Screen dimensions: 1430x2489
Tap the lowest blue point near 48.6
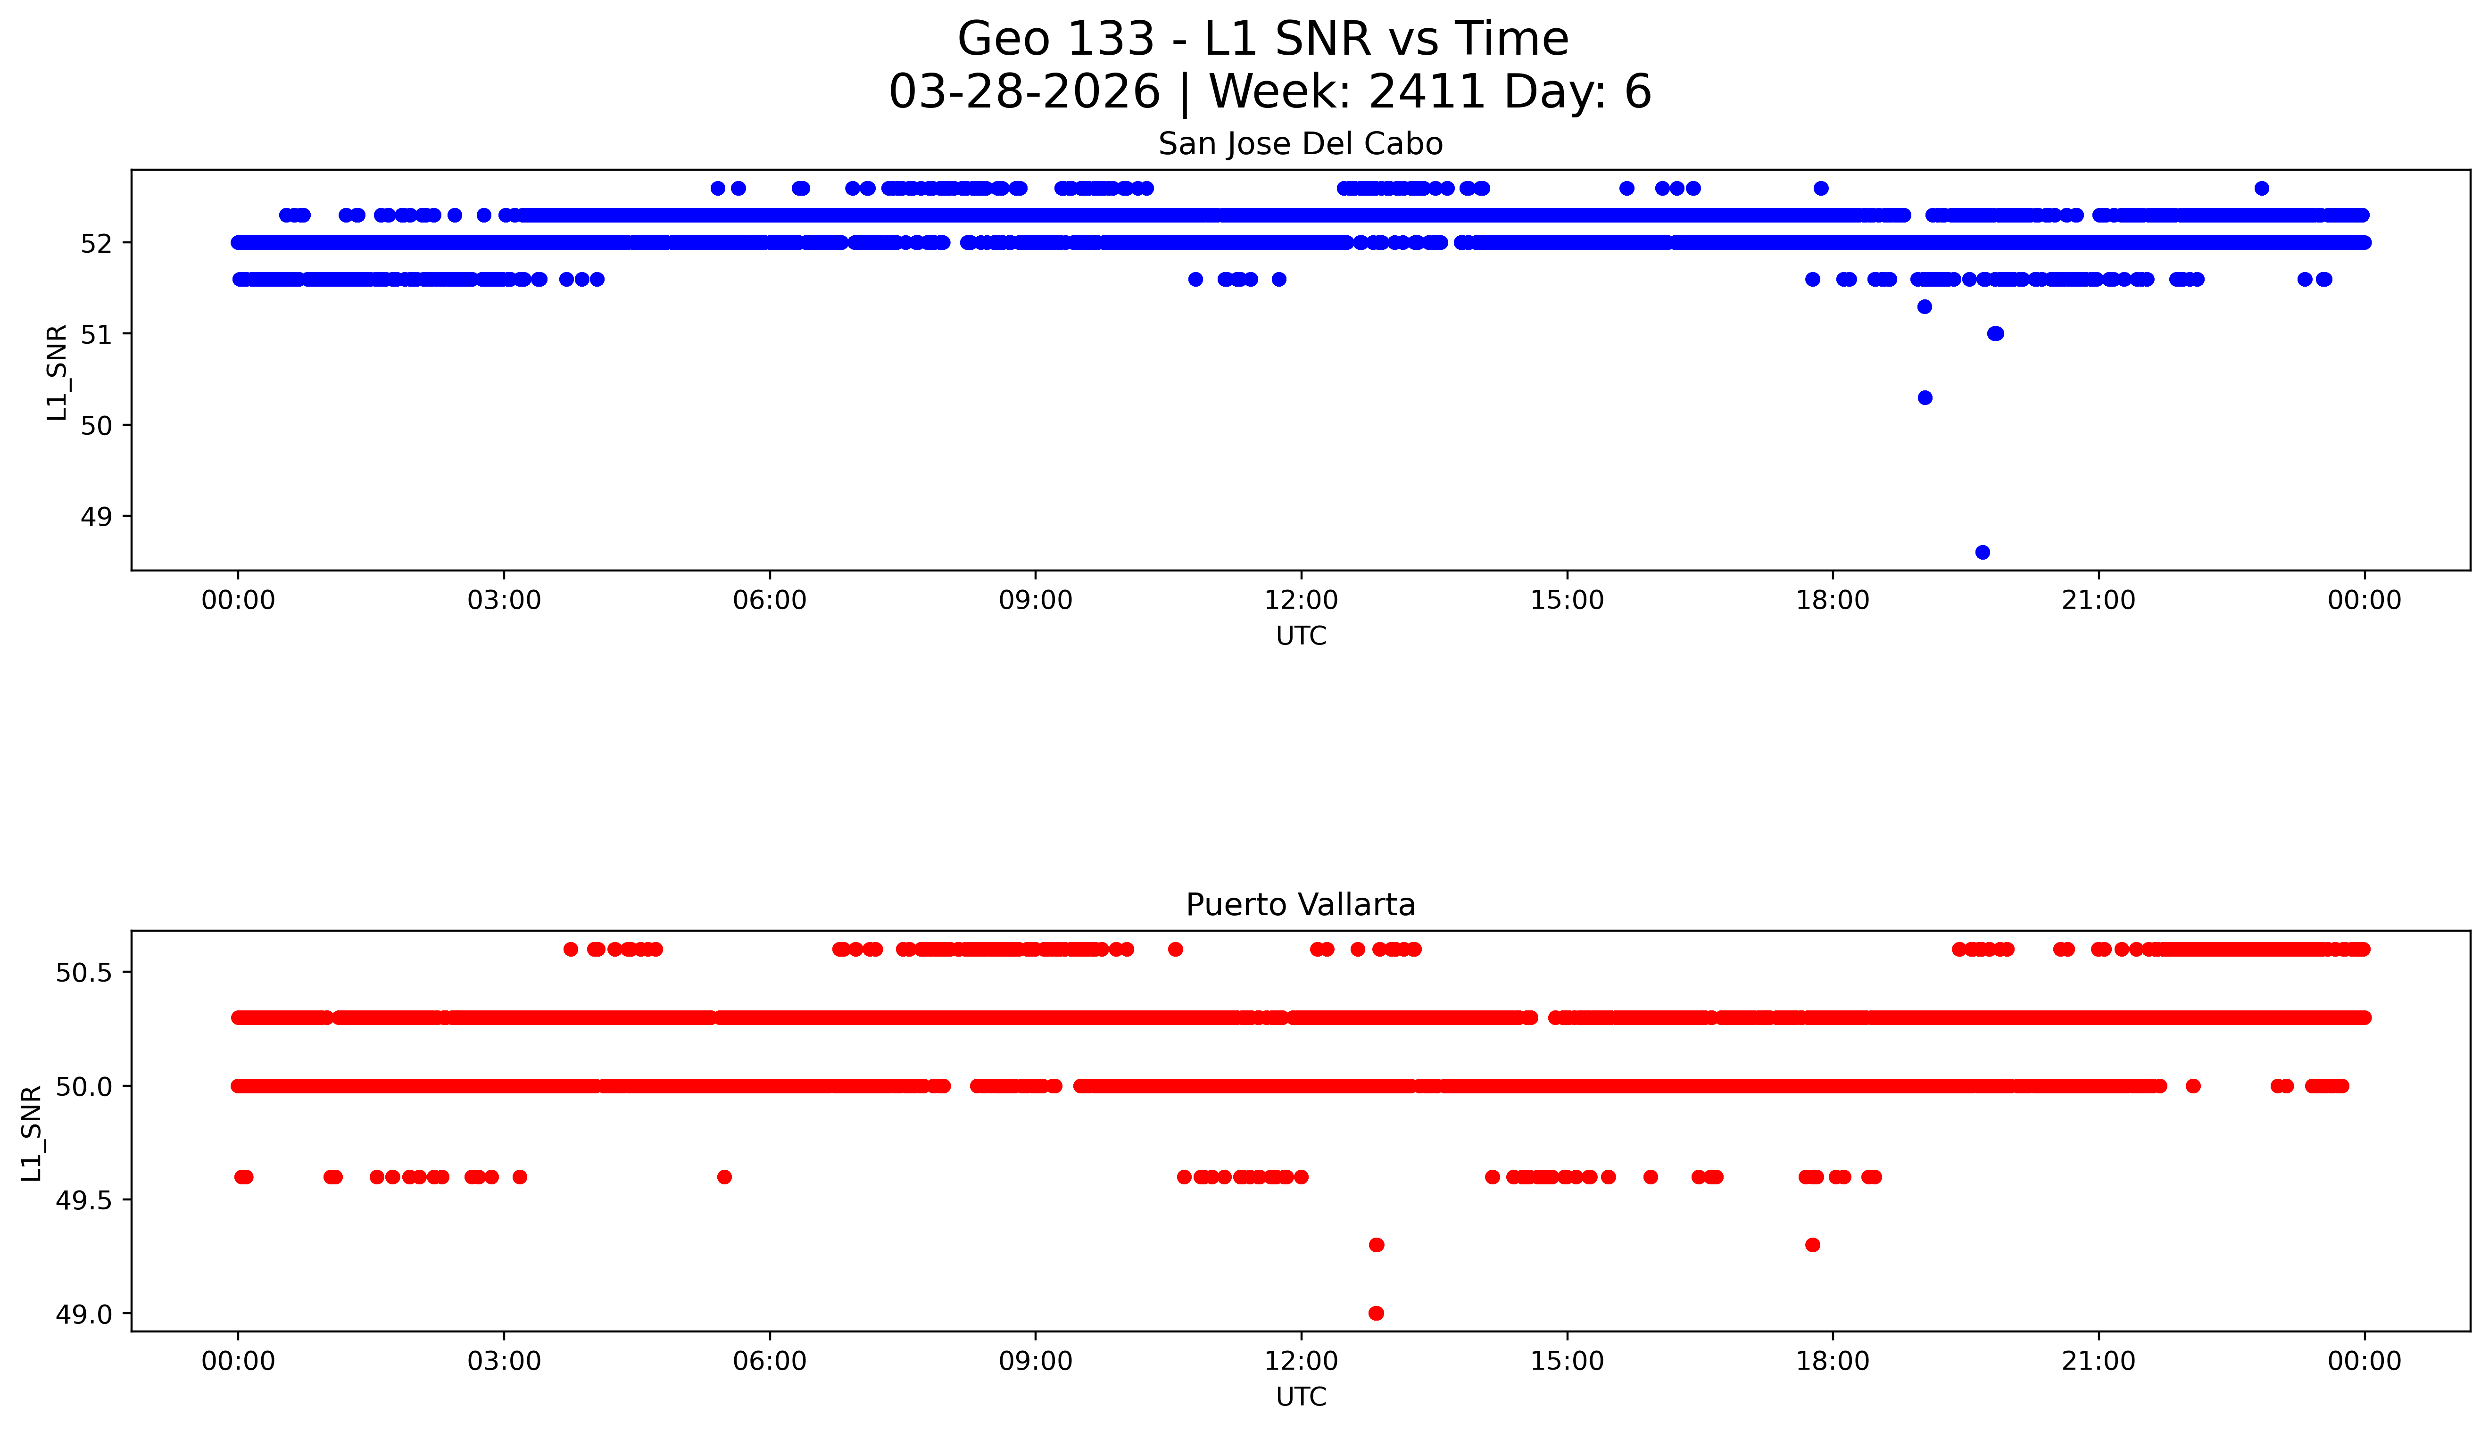pyautogui.click(x=1982, y=552)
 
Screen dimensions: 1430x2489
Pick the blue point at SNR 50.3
pyautogui.click(x=1925, y=398)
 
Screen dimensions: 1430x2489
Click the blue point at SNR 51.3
pyautogui.click(x=1925, y=306)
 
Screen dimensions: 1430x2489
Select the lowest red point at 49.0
pyautogui.click(x=1376, y=1313)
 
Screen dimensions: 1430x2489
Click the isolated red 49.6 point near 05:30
pyautogui.click(x=725, y=1177)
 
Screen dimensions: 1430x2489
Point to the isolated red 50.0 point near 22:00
pyautogui.click(x=2193, y=1086)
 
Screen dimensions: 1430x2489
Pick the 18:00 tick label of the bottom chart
pyautogui.click(x=1833, y=1361)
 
